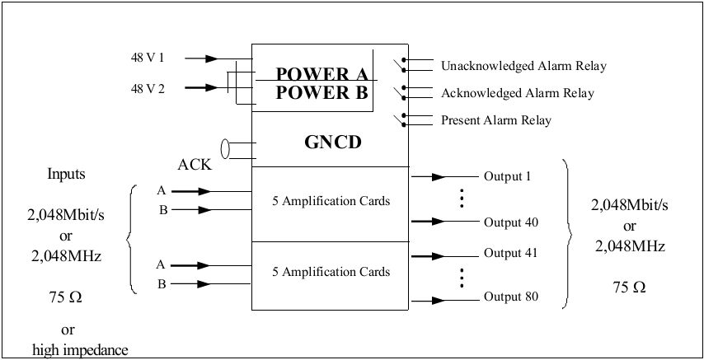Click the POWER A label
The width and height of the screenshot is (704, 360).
pos(321,72)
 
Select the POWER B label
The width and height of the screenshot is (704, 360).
pos(321,92)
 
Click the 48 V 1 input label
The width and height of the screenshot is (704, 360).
pos(148,58)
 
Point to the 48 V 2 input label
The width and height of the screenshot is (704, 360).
pos(148,87)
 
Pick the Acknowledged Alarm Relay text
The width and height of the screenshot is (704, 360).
pos(518,93)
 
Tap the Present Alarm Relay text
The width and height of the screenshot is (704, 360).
pos(496,120)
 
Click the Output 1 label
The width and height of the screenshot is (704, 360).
pos(507,176)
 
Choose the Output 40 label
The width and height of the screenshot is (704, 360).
pos(510,222)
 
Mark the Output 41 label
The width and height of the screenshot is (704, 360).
pos(510,253)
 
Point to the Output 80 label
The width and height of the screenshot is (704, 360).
pos(510,296)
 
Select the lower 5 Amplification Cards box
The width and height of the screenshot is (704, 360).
pos(330,271)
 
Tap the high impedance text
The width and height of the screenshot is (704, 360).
pos(80,350)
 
